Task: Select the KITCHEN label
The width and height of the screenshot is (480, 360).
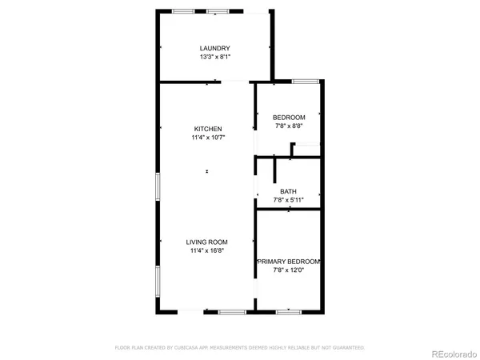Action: (x=207, y=130)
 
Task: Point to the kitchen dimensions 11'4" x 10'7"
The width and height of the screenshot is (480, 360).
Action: (x=207, y=138)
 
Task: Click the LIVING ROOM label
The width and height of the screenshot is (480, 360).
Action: (x=207, y=242)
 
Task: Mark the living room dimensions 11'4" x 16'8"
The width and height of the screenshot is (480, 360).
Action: (x=207, y=250)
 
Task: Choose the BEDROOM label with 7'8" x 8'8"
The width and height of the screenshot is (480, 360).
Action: (x=288, y=117)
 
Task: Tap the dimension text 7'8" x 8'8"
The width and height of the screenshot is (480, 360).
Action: (x=288, y=126)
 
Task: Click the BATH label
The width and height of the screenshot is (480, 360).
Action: (x=288, y=191)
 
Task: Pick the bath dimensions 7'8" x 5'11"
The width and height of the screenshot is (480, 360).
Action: (x=288, y=199)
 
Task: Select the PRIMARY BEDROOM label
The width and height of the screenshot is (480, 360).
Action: (x=288, y=262)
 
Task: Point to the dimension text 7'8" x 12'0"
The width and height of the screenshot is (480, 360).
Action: (x=288, y=270)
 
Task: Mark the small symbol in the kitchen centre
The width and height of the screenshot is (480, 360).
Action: (x=207, y=170)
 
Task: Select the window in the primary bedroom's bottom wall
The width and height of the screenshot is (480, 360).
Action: (x=288, y=310)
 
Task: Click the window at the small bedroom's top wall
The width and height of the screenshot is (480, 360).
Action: (x=304, y=81)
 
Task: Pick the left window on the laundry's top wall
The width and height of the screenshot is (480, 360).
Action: (x=183, y=11)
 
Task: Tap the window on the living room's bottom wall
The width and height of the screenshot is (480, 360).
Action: (x=232, y=310)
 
